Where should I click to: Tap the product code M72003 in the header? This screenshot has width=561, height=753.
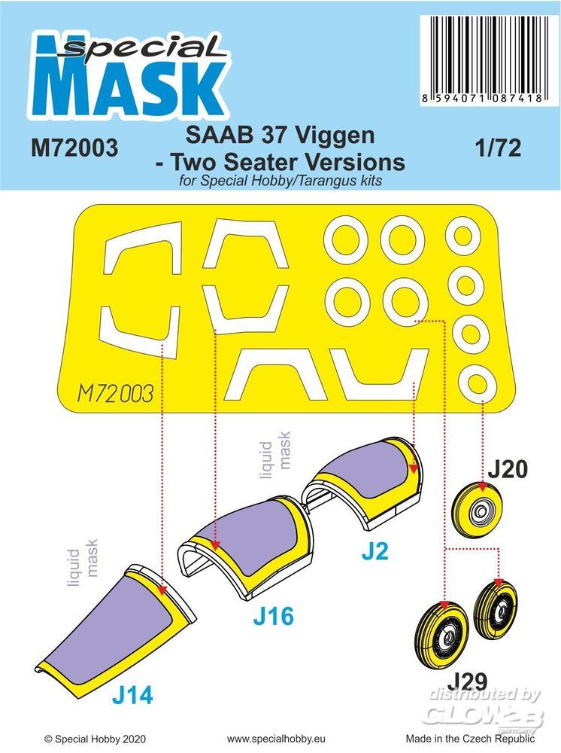click(x=74, y=148)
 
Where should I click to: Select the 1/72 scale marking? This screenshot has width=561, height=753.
click(x=498, y=148)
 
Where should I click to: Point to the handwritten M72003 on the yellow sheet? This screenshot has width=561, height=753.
click(x=115, y=394)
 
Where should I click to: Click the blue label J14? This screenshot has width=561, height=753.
click(x=132, y=694)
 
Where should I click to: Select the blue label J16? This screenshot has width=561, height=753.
click(x=273, y=616)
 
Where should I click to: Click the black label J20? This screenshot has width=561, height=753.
click(x=508, y=468)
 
